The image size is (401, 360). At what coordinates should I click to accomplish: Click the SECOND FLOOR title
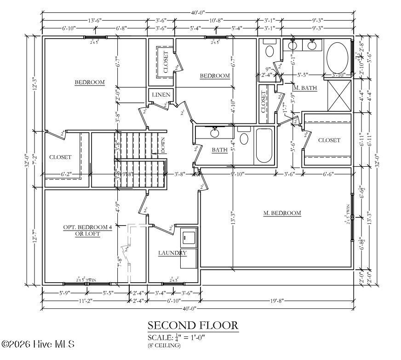[193, 325]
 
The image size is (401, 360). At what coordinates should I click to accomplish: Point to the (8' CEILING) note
[164, 345]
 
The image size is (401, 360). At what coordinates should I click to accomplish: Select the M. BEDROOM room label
[282, 213]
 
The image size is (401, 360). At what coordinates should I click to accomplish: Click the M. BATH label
[305, 88]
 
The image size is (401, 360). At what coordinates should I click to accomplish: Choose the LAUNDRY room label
[172, 253]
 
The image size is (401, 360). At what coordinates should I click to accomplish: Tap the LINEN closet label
[161, 95]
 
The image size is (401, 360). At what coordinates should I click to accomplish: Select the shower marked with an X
[339, 96]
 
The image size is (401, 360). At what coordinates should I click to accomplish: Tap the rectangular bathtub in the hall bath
[264, 145]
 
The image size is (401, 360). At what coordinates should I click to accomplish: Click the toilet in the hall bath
[244, 138]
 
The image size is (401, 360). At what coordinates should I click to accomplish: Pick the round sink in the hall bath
[214, 133]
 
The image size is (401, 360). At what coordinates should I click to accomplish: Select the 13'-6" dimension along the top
[95, 20]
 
